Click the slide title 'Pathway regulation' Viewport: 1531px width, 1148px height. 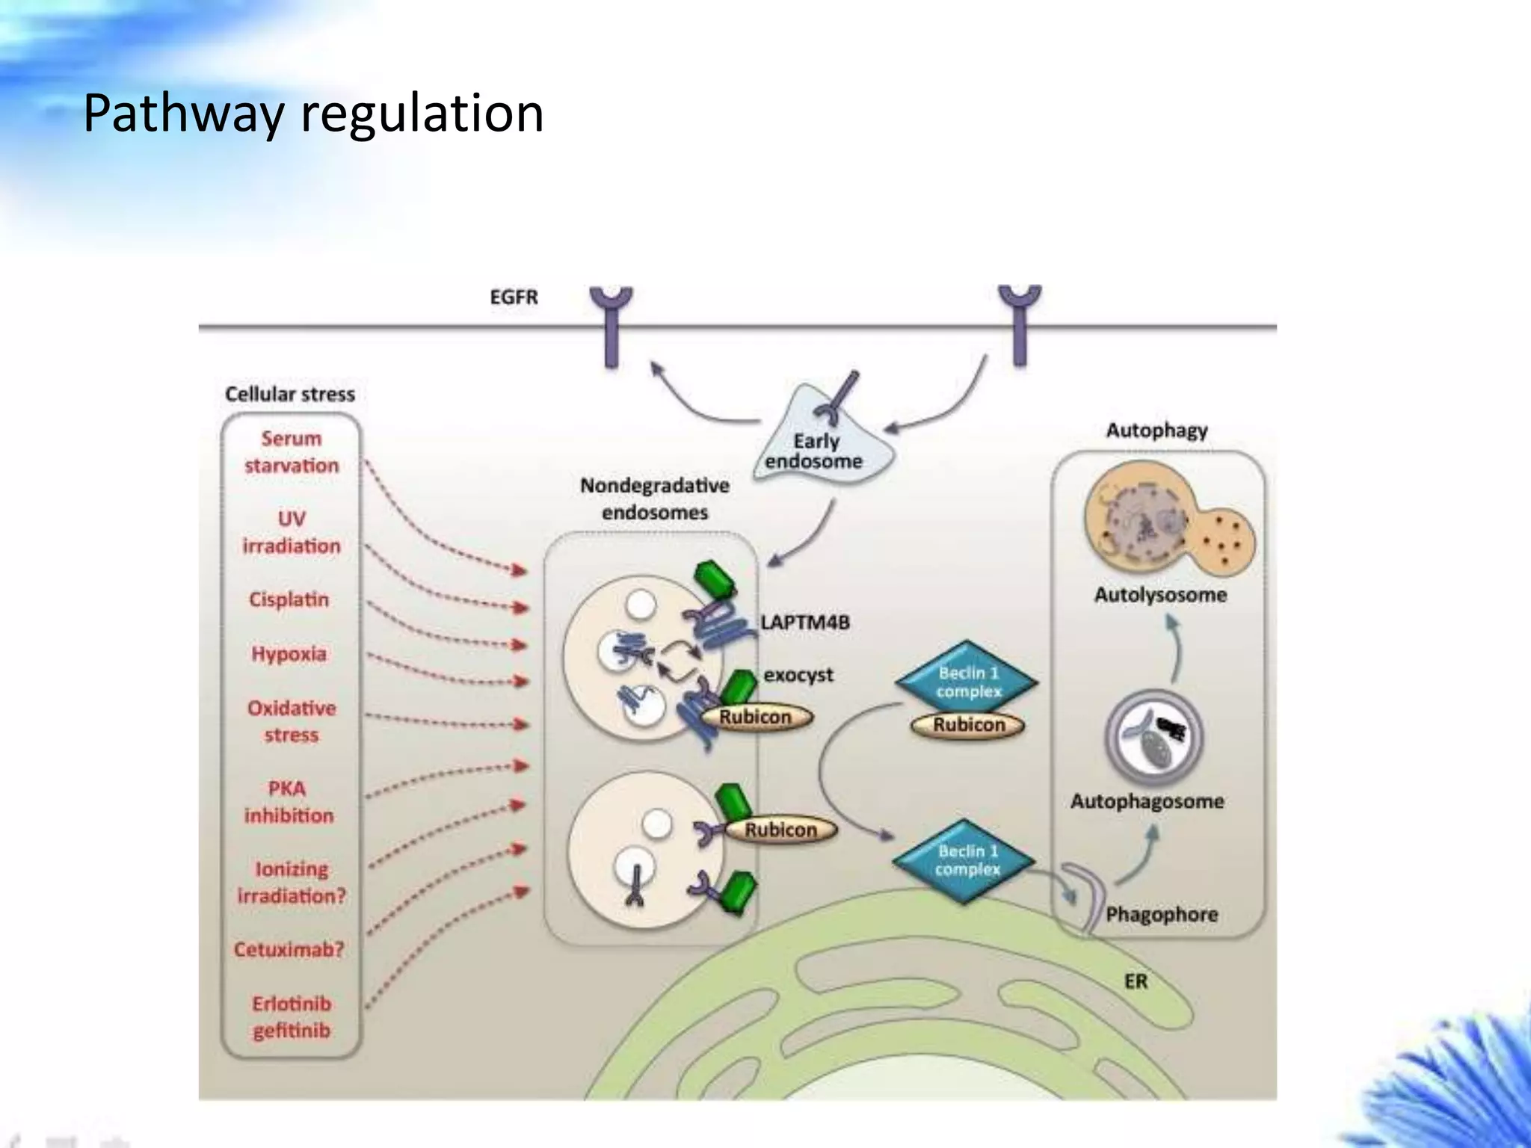pyautogui.click(x=313, y=114)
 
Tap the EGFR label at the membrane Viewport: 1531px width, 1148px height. pyautogui.click(x=514, y=297)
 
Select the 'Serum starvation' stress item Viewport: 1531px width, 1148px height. pyautogui.click(x=292, y=452)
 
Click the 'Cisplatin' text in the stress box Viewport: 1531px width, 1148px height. pyautogui.click(x=289, y=599)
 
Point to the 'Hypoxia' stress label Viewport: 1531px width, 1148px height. pyautogui.click(x=289, y=654)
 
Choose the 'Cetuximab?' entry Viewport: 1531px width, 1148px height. pyautogui.click(x=289, y=950)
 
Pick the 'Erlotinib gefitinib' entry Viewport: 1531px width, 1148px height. pyautogui.click(x=292, y=1017)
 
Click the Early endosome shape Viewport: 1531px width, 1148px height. pyautogui.click(x=819, y=441)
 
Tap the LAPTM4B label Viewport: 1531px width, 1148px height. pyautogui.click(x=805, y=623)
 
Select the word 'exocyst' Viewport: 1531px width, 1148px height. pyautogui.click(x=798, y=675)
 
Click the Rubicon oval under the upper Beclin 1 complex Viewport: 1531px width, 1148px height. pyautogui.click(x=968, y=725)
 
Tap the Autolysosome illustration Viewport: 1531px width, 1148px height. pyautogui.click(x=1166, y=523)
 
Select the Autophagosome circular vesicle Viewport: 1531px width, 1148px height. pyautogui.click(x=1153, y=736)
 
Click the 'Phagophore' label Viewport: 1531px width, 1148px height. pyautogui.click(x=1161, y=915)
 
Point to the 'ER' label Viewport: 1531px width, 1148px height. pyautogui.click(x=1135, y=981)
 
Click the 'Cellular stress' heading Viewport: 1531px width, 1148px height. pyautogui.click(x=290, y=395)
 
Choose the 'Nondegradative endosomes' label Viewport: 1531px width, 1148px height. pyautogui.click(x=654, y=499)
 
